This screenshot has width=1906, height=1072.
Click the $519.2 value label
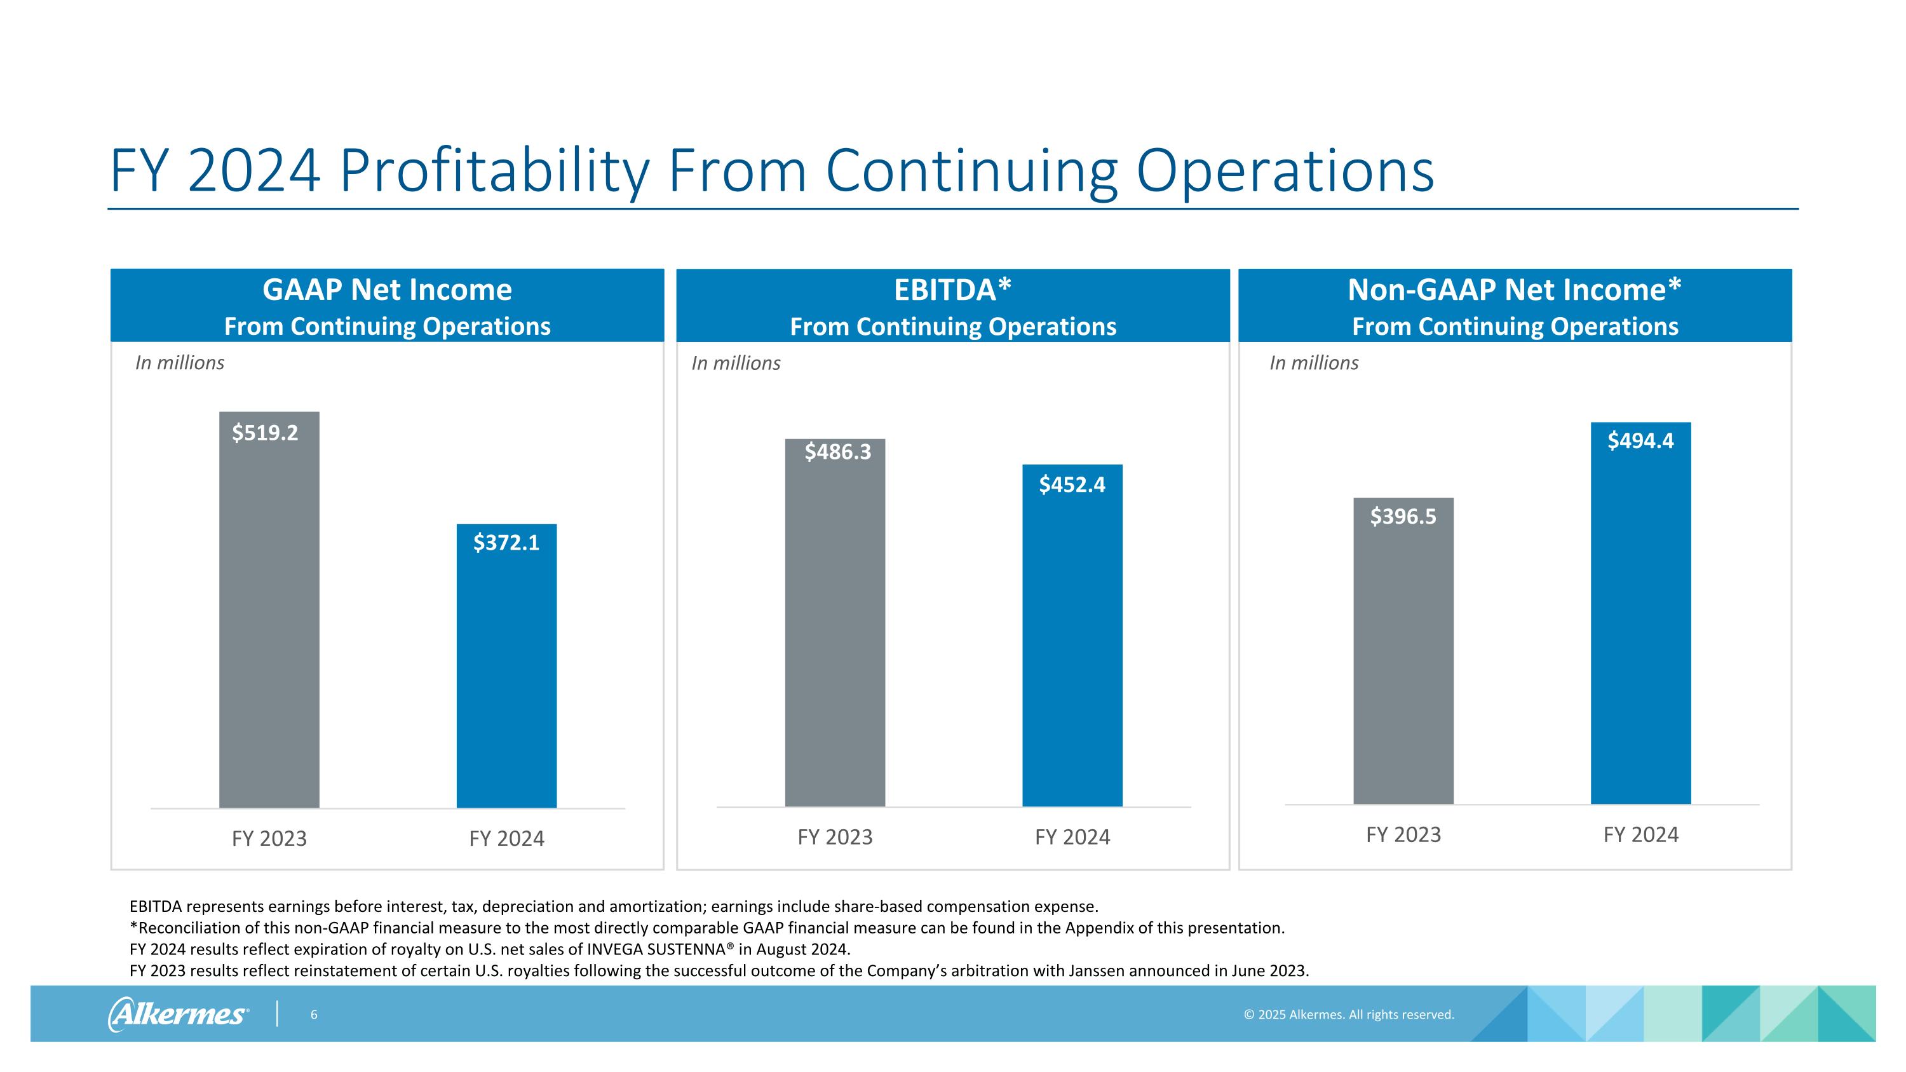click(265, 433)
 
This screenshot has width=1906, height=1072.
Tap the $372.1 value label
click(506, 543)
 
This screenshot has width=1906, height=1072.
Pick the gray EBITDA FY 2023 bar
click(835, 636)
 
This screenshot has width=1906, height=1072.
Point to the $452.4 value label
click(1072, 485)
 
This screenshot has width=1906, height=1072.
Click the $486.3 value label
click(837, 451)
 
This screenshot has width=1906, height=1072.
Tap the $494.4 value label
click(1640, 441)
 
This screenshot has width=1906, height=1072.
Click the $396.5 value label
click(1403, 517)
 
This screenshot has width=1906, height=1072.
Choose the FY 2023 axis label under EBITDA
click(835, 837)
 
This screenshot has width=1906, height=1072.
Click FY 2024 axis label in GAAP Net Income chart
click(506, 838)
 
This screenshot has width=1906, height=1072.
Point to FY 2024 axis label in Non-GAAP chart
click(1640, 834)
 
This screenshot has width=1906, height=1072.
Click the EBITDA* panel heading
click(952, 290)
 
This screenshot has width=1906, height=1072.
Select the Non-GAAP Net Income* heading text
click(1515, 290)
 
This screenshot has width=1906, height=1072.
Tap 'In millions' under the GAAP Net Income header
click(179, 362)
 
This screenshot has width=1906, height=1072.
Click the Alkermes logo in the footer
click(179, 1014)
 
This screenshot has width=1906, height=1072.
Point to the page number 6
click(314, 1014)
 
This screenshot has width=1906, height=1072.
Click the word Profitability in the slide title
click(494, 172)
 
